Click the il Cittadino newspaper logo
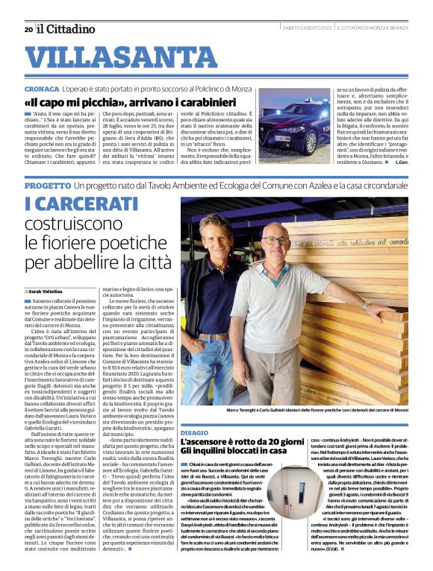pyautogui.click(x=66, y=29)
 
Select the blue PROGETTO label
pyautogui.click(x=47, y=184)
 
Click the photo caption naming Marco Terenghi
pyautogui.click(x=305, y=411)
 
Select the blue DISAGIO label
pyautogui.click(x=195, y=432)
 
